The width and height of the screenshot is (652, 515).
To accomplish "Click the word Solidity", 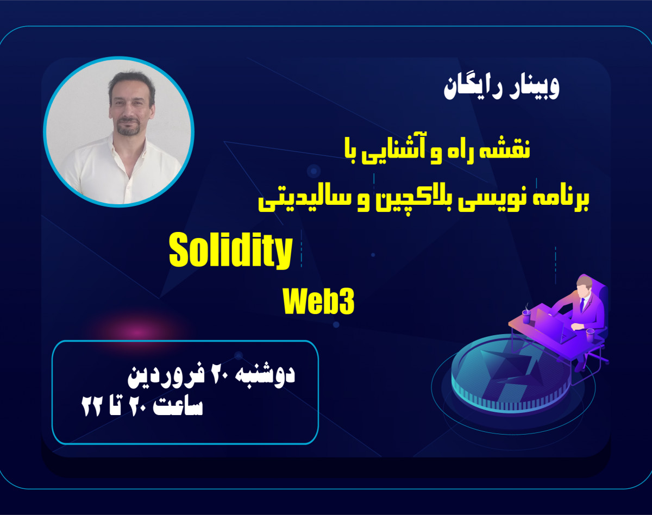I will pos(230,252).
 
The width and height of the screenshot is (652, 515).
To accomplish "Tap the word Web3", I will pos(318,302).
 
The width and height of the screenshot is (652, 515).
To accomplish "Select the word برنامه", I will pos(558,199).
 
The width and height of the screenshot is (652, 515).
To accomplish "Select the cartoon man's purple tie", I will pos(581,304).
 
